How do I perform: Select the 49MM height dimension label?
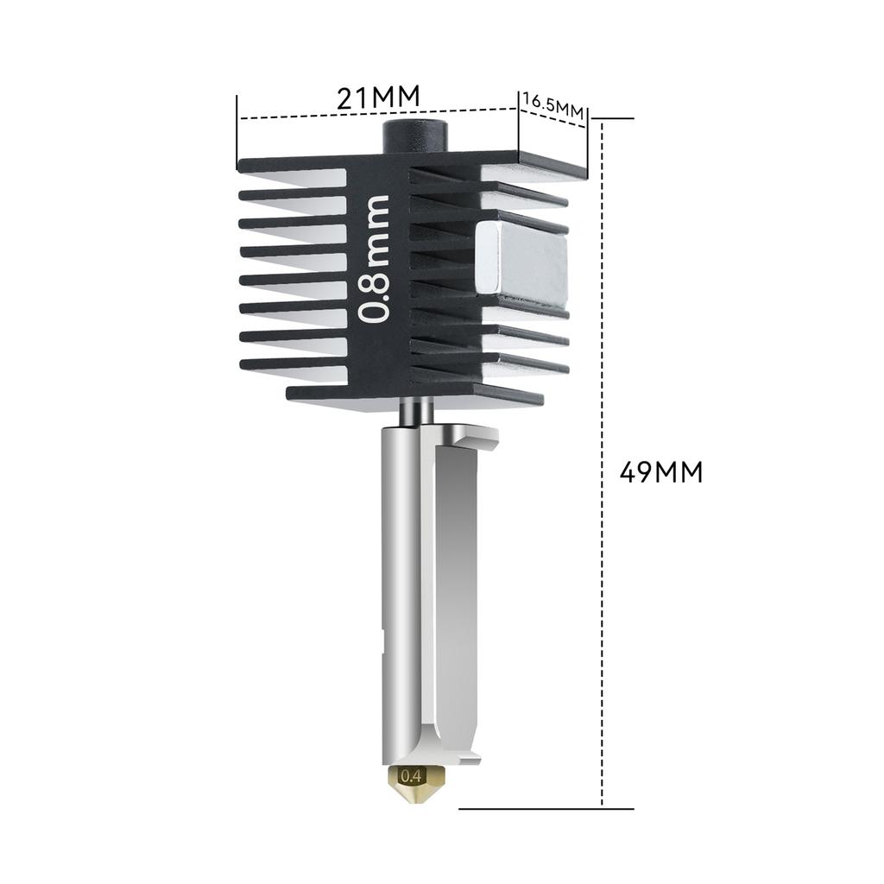point(661,472)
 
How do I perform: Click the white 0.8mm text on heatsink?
point(376,259)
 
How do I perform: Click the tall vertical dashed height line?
point(602,466)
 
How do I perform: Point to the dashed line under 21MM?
point(378,114)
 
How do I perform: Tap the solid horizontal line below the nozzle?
point(546,809)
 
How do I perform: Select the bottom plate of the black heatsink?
point(414,395)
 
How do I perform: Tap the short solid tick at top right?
point(612,118)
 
